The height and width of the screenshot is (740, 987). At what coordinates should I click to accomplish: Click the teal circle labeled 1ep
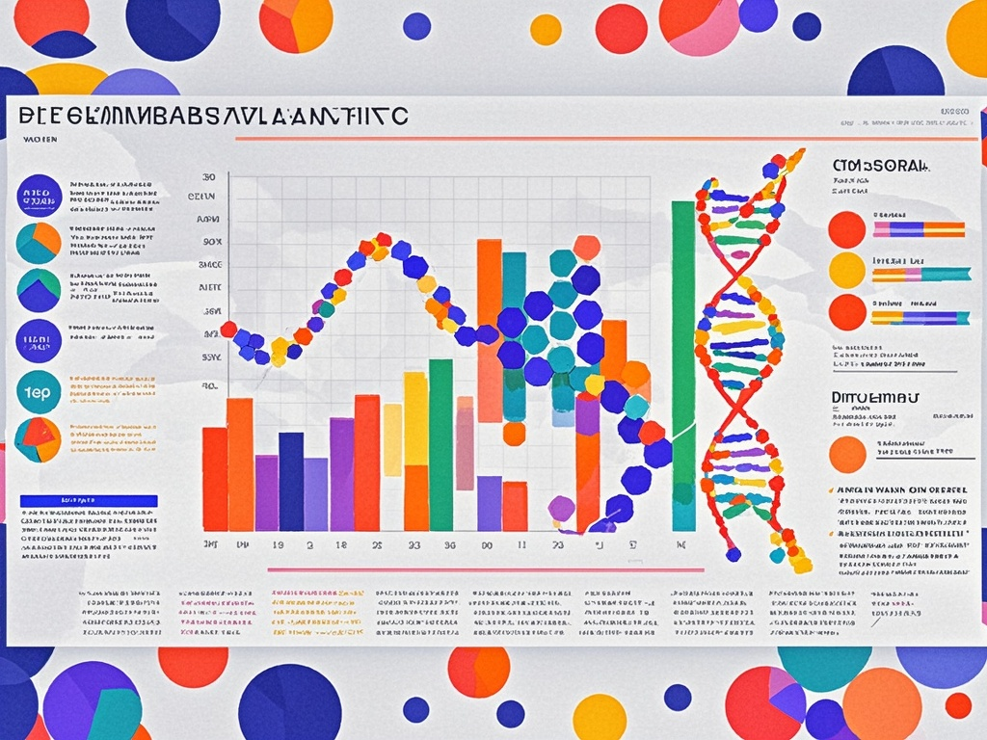coord(40,391)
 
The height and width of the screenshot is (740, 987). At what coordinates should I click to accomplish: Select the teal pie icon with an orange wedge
coord(40,243)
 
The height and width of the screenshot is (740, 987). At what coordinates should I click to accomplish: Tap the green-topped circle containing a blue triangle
coord(40,290)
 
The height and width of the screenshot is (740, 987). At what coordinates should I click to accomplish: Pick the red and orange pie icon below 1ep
coord(40,439)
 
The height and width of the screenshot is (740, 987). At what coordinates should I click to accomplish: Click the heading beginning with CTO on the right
coord(882,165)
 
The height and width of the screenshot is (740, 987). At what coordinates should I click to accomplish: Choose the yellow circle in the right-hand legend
coord(847,271)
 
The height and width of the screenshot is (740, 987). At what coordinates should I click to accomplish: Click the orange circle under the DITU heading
coord(847,454)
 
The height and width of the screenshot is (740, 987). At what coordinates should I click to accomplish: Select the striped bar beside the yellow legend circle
coord(920,274)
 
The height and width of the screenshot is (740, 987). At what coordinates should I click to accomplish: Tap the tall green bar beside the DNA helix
coord(683,366)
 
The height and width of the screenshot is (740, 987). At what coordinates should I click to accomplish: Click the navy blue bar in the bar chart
coord(291,482)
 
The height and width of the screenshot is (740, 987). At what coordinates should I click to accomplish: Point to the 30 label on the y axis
coord(208,178)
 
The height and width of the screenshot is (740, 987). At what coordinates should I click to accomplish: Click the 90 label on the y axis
coord(211,242)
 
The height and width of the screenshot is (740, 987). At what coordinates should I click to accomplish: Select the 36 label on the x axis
coord(448,545)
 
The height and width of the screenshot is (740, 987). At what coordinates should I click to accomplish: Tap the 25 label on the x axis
coord(377,545)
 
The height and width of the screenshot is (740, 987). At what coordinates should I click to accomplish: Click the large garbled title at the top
coord(212,116)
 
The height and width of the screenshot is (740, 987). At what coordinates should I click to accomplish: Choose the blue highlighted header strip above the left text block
coord(89,501)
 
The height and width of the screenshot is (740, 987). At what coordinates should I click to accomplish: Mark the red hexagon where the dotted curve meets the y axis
coord(228,330)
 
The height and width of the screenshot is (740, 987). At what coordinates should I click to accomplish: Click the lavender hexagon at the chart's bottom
coord(561,508)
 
